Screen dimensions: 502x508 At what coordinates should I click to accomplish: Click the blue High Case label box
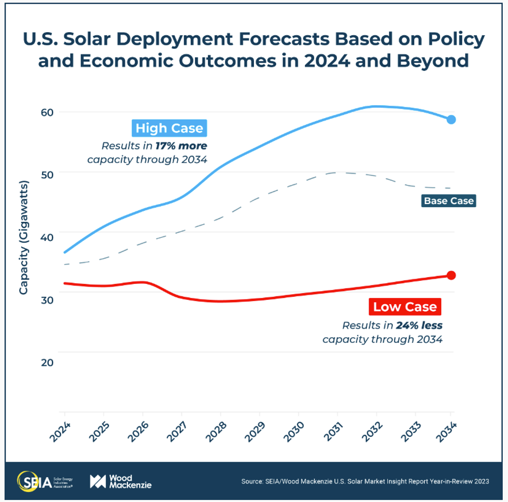tap(170, 128)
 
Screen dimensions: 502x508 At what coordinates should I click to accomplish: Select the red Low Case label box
tap(405, 307)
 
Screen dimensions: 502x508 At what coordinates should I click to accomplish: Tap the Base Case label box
tap(448, 200)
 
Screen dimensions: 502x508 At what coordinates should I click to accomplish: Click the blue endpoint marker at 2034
tap(451, 120)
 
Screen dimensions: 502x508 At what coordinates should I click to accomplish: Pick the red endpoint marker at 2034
tap(451, 275)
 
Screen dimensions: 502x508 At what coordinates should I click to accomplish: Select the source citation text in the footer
tap(365, 482)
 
